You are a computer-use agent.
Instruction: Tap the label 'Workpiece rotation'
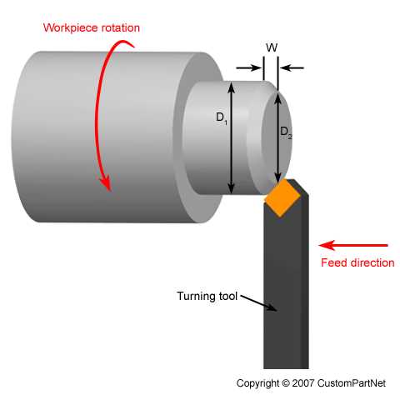tap(92, 27)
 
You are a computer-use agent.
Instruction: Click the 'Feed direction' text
tap(357, 262)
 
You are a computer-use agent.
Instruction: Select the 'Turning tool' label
tap(207, 295)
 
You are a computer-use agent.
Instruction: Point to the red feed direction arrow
tap(353, 245)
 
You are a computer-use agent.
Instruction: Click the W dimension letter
tap(271, 48)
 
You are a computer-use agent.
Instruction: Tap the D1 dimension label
tap(222, 117)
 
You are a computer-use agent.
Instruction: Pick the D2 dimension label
tap(286, 132)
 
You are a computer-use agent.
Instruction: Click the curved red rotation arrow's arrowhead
tap(106, 182)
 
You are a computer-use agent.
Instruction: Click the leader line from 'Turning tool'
tap(257, 302)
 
